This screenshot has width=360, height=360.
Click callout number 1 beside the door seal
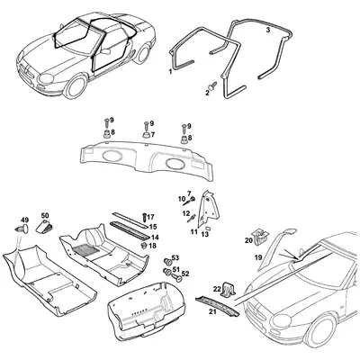tap(171, 71)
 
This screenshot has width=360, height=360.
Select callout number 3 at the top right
tap(268, 30)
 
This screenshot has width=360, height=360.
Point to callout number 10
tap(181, 197)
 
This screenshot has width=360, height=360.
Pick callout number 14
tap(155, 238)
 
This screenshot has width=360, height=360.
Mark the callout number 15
tap(154, 227)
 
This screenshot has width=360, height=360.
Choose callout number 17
tap(151, 217)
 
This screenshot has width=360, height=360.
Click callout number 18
tap(153, 246)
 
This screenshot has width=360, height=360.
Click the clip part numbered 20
tap(258, 236)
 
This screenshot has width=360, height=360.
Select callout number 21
tap(212, 312)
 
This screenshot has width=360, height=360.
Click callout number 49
tap(24, 220)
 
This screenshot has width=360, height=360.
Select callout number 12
tap(184, 213)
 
